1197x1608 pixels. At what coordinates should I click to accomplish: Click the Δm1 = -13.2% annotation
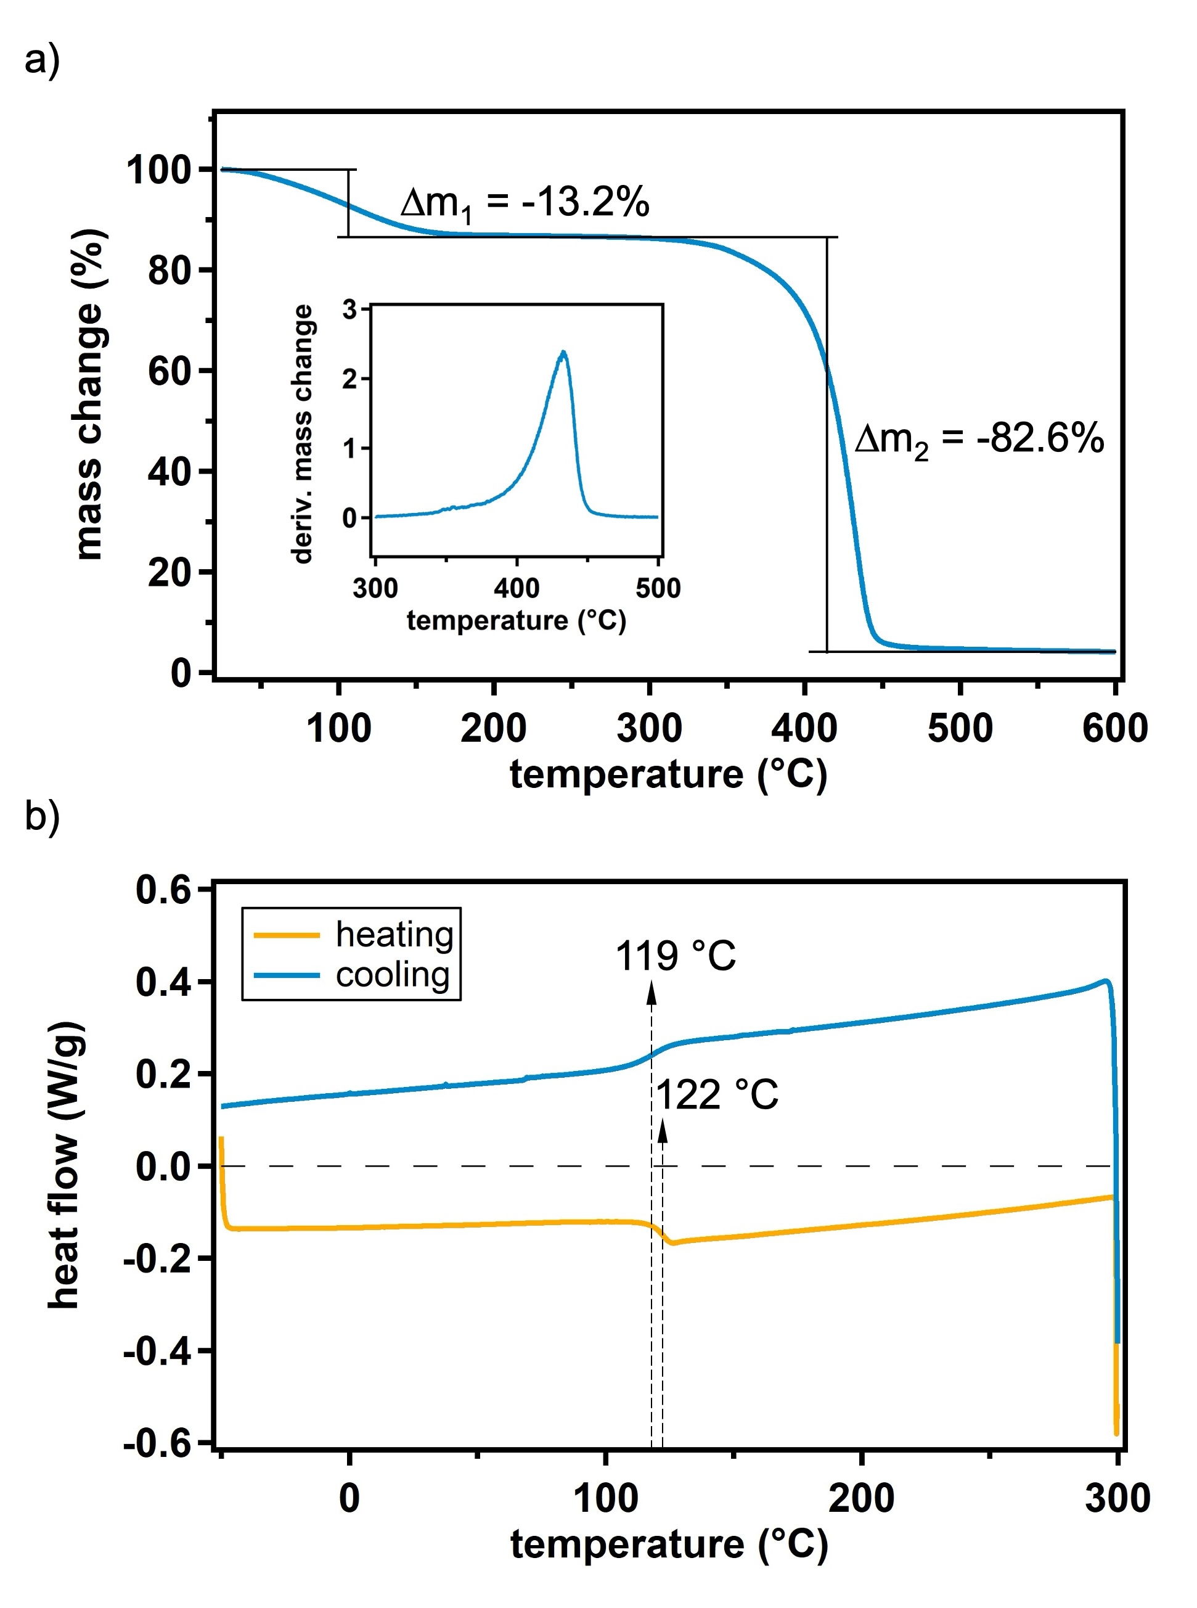[x=525, y=203]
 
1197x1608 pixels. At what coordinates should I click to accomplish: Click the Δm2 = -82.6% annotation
[x=978, y=439]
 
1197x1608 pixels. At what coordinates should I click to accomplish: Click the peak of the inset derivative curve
[x=563, y=353]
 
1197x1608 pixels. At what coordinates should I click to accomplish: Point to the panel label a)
[x=41, y=59]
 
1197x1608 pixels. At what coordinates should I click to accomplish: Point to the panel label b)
[x=41, y=817]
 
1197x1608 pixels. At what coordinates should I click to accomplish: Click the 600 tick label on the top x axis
[x=1114, y=728]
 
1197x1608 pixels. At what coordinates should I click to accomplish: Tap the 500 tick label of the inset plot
[x=658, y=588]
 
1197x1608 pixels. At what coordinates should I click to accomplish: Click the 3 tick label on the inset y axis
[x=350, y=310]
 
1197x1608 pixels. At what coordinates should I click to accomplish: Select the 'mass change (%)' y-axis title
[x=91, y=395]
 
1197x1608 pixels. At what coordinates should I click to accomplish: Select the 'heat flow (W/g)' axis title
[x=65, y=1167]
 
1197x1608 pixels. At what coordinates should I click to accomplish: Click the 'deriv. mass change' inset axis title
[x=302, y=434]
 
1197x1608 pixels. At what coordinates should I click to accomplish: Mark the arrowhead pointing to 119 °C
[x=652, y=993]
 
